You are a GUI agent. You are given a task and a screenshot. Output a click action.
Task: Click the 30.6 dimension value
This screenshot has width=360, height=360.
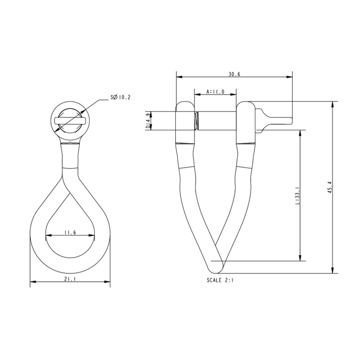(x=234, y=74)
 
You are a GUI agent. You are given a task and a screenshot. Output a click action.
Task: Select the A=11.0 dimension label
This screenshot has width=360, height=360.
(x=215, y=92)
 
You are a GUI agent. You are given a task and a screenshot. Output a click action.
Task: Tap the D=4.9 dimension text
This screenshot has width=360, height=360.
(x=148, y=121)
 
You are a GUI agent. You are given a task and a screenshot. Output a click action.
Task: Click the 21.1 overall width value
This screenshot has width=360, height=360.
(x=70, y=279)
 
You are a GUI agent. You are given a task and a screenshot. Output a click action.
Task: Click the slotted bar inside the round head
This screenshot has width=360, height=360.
(x=70, y=120)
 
